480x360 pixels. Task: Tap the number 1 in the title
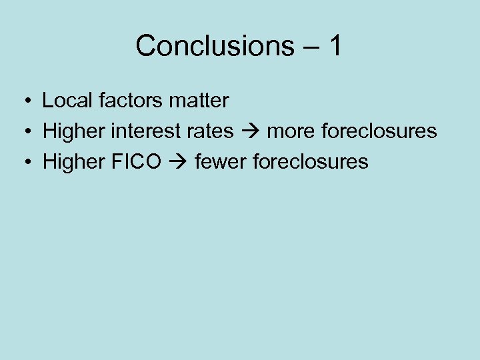[335, 46]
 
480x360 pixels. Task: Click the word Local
[63, 101]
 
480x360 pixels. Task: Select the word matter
[199, 101]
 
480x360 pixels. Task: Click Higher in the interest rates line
[74, 131]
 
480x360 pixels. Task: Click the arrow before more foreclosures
[251, 131]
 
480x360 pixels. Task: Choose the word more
[291, 131]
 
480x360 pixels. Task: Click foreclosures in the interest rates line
[379, 131]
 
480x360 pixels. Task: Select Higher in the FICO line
[74, 161]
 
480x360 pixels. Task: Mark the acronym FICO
[136, 161]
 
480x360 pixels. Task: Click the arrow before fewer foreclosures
[178, 161]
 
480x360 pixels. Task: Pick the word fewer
[218, 161]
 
